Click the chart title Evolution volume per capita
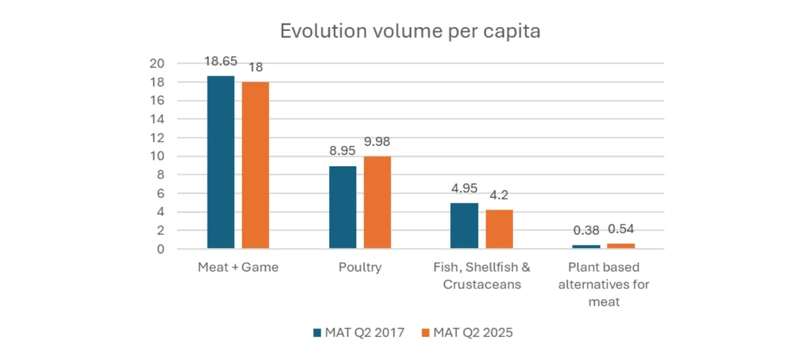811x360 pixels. [410, 32]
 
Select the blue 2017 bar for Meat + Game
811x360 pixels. [220, 163]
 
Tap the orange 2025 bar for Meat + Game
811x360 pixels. [255, 165]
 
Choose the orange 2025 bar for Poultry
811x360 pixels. [377, 203]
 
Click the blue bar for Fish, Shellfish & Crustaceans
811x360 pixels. [464, 226]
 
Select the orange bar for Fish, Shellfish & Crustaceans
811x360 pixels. [499, 230]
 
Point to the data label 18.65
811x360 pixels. [220, 61]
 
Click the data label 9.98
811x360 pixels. [377, 142]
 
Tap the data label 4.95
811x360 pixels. [464, 188]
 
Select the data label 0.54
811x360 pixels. [621, 230]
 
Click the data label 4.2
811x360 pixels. [499, 196]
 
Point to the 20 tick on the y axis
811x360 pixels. [157, 63]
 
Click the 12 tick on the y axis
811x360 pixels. [157, 138]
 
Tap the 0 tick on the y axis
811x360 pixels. [161, 249]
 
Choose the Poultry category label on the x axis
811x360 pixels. [360, 267]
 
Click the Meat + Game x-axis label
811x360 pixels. [238, 267]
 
